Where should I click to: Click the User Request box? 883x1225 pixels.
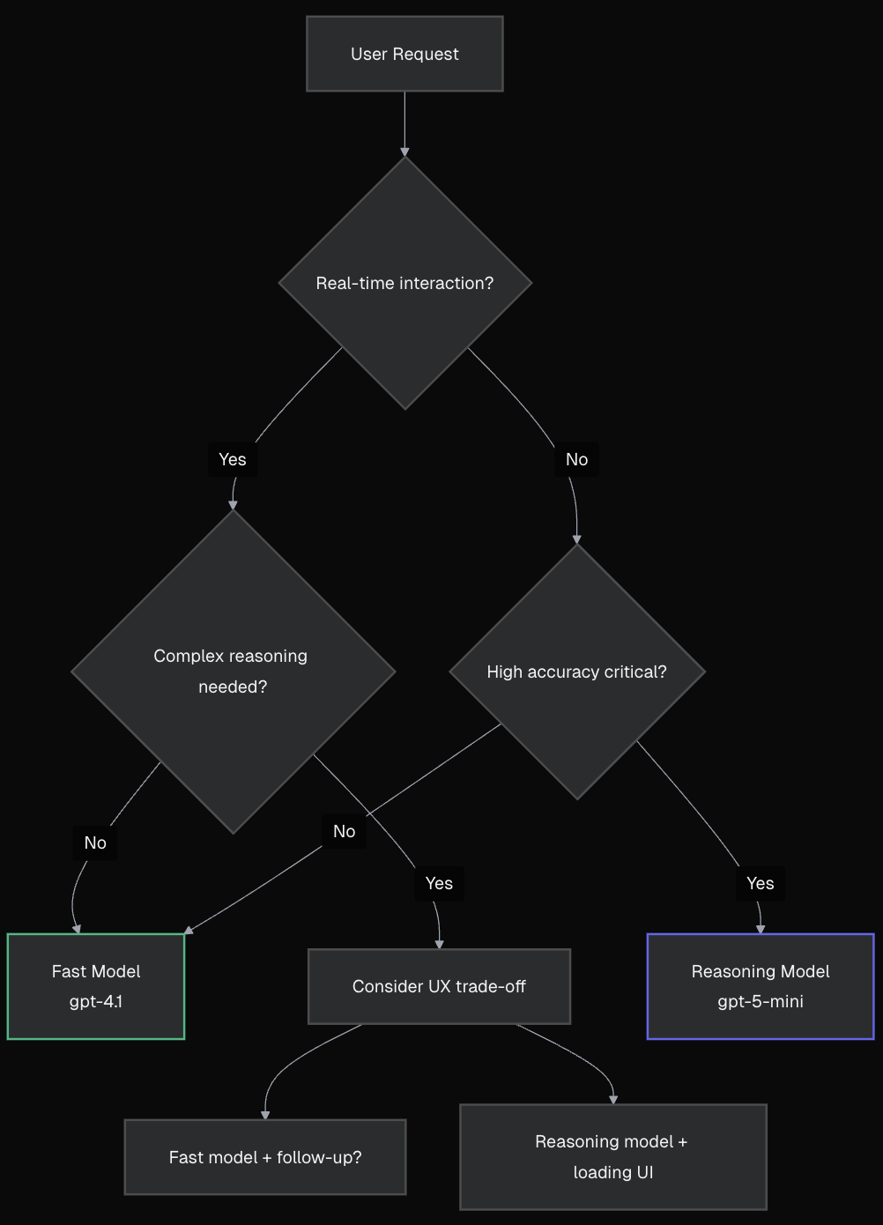click(404, 54)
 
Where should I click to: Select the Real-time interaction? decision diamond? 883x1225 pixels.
click(404, 283)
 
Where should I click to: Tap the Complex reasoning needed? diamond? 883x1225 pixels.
click(233, 672)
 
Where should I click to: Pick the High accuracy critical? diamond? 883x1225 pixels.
click(577, 672)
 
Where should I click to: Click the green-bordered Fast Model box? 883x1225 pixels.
click(96, 986)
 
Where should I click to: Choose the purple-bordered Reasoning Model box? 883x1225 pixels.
click(761, 986)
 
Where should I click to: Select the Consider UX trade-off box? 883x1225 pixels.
click(439, 986)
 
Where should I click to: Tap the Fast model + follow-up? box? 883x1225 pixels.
click(265, 1157)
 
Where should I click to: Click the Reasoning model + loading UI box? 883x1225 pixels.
click(613, 1157)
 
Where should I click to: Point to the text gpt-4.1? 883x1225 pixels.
click(96, 1002)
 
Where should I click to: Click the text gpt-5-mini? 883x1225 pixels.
click(761, 1002)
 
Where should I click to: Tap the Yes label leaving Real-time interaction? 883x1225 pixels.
click(233, 459)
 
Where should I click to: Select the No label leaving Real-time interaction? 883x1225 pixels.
click(577, 459)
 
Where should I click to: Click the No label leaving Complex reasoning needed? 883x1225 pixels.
click(95, 843)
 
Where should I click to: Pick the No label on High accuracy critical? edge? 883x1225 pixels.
click(345, 831)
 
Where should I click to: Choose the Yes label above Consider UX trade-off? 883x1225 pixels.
click(439, 883)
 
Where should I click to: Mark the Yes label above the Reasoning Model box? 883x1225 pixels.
click(761, 883)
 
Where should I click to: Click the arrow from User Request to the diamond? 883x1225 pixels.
click(404, 123)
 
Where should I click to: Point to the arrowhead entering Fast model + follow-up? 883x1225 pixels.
click(265, 1115)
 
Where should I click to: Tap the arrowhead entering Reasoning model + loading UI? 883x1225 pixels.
click(613, 1099)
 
